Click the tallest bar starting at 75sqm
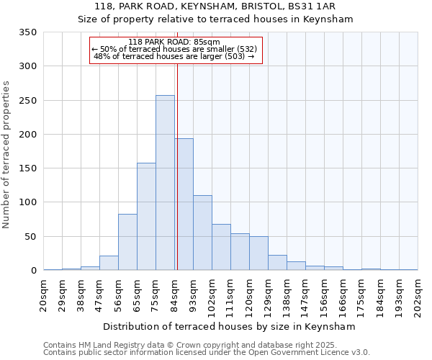165,183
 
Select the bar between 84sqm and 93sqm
184,204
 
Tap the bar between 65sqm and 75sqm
146,217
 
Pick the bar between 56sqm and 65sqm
127,242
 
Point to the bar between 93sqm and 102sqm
202,233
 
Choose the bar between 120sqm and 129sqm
258,253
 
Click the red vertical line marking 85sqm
177,151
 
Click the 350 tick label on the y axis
28,32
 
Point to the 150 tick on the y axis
28,168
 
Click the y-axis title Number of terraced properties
7,154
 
